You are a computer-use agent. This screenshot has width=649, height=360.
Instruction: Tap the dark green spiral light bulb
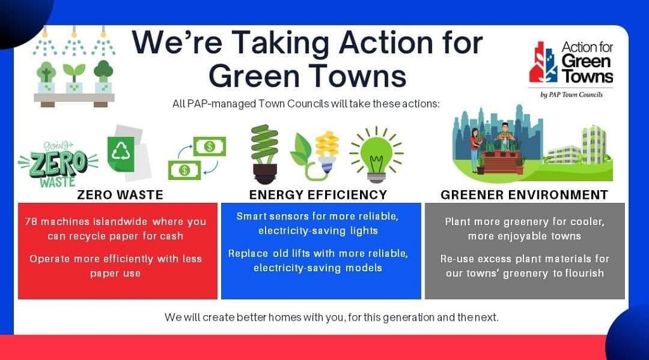pyautogui.click(x=264, y=154)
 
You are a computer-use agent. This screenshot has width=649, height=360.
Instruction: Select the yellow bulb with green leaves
pyautogui.click(x=315, y=155)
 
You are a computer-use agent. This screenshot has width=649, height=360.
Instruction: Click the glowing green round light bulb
pyautogui.click(x=376, y=155)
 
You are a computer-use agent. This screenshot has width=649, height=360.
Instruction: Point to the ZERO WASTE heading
pyautogui.click(x=120, y=195)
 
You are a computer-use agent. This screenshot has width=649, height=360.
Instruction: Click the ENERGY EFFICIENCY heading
pyautogui.click(x=318, y=195)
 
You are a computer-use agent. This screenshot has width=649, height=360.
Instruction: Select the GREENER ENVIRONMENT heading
pyautogui.click(x=524, y=195)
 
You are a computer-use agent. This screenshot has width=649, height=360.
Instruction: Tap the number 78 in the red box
pyautogui.click(x=31, y=222)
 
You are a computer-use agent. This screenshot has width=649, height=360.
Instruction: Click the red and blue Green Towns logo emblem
pyautogui.click(x=543, y=62)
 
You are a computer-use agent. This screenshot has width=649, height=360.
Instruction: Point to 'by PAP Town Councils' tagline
pyautogui.click(x=571, y=95)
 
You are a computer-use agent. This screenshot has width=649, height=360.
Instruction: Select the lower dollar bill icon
pyautogui.click(x=184, y=170)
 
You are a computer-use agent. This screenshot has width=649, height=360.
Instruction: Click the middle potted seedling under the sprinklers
pyautogui.click(x=74, y=78)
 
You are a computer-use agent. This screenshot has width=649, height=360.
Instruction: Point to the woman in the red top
pyautogui.click(x=475, y=150)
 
